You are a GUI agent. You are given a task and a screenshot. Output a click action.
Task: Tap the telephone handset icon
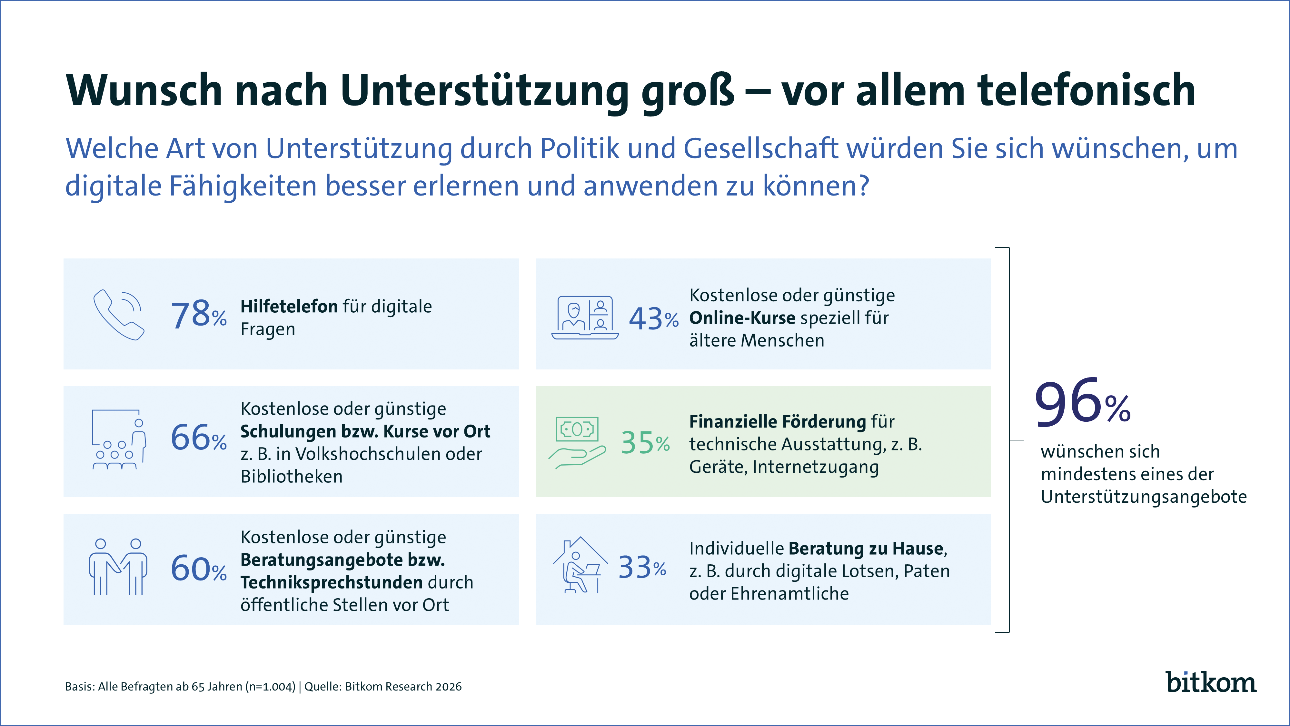coord(119,315)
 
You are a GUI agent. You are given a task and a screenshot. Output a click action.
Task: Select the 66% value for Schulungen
coord(198,438)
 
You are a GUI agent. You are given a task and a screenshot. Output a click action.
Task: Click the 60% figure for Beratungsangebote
coord(198,569)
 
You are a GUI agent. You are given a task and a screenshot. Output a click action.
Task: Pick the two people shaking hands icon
coord(118,567)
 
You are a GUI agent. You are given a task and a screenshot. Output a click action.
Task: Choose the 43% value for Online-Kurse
coord(653,319)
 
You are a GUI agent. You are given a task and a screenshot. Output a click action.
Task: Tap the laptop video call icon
coord(584,318)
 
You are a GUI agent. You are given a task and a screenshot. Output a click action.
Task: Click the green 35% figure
coord(645,443)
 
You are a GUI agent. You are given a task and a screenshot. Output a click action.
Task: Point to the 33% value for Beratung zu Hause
coord(642,568)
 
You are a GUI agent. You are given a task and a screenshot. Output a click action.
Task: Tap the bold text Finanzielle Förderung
coord(777,421)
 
